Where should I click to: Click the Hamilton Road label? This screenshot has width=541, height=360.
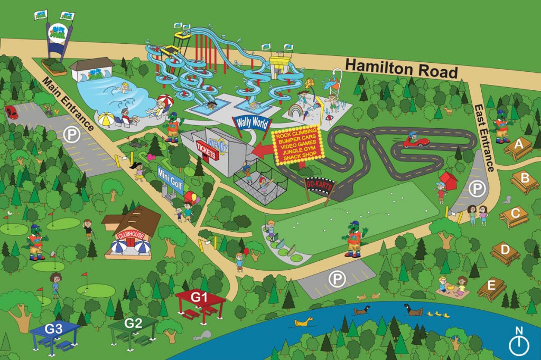[x=402, y=68]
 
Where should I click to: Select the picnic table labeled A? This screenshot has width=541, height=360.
[x=518, y=147]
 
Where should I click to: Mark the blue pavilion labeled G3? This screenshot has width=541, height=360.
[x=54, y=333]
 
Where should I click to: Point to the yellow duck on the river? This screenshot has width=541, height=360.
[x=303, y=321]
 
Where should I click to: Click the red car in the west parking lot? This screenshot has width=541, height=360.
[x=11, y=112]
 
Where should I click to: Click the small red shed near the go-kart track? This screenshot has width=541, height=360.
[x=448, y=180]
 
